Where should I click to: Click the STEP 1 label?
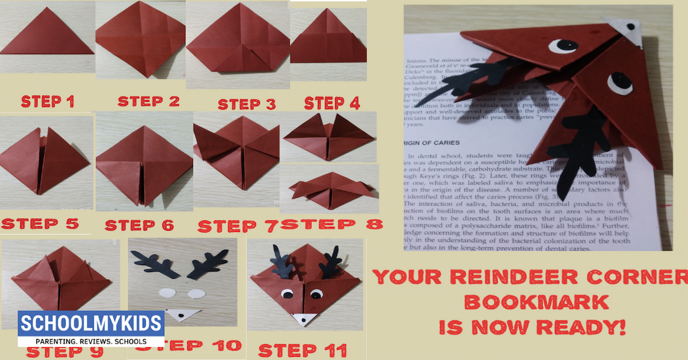pos(48,101)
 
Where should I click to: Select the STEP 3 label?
pos(247,104)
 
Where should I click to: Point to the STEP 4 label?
pos(332,103)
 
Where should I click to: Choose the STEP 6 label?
pos(138,225)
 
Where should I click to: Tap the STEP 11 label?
pos(303,350)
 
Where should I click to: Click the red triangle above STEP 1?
pos(47,35)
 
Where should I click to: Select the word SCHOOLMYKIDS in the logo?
pos(90,323)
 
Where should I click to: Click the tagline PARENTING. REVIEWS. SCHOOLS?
pos(90,341)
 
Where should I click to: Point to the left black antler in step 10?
pos(153,263)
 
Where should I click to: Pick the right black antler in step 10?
pos(209,263)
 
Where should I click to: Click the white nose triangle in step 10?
pos(182,314)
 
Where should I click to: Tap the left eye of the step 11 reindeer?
pos(287,294)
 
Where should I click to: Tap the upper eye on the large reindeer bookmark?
pos(563,46)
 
